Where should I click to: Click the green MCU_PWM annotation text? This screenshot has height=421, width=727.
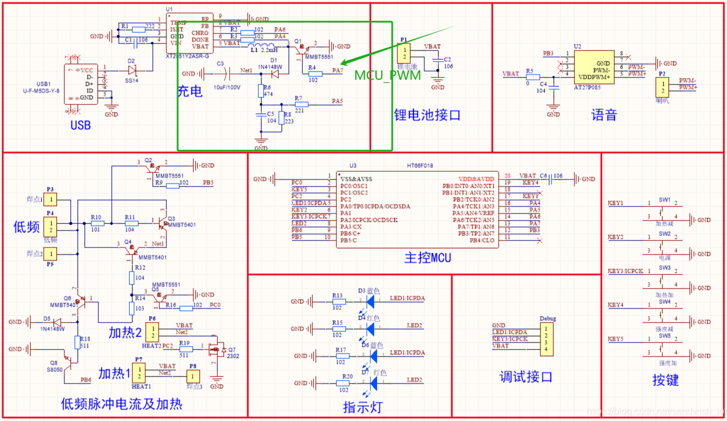pos(388,76)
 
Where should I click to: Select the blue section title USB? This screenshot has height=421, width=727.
pos(81,125)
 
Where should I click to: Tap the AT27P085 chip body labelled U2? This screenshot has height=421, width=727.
pos(594,67)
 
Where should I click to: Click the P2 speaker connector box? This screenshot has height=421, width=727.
pos(663,88)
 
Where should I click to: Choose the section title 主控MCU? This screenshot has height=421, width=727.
pos(427,257)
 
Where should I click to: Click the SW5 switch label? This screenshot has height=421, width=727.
pos(664,336)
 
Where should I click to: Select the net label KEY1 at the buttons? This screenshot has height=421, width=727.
pos(616,203)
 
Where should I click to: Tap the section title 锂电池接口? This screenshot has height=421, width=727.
pos(427,115)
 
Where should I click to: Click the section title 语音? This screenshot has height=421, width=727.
pos(604,115)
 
